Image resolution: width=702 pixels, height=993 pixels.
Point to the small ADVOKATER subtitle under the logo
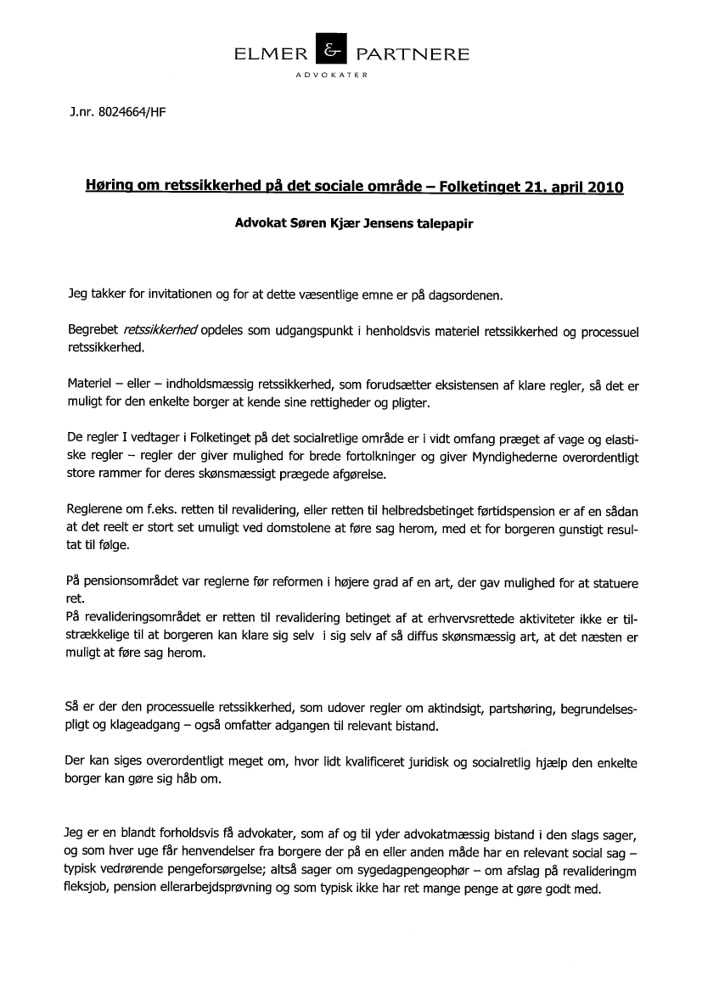(x=330, y=76)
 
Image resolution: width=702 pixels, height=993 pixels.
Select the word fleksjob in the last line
(x=87, y=890)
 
